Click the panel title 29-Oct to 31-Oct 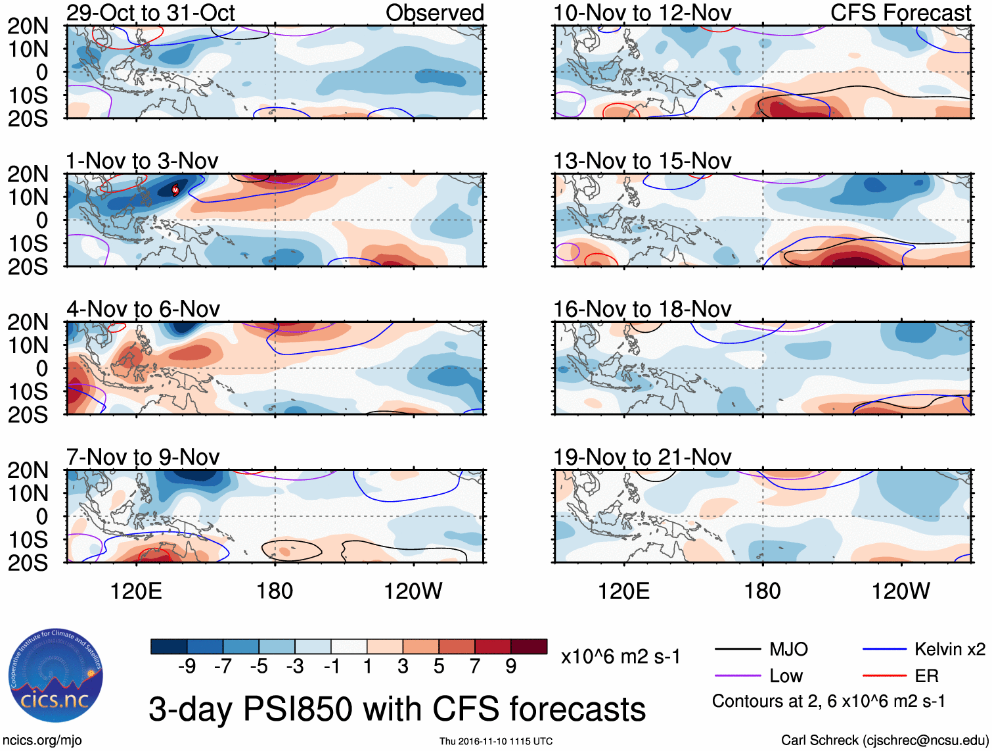click(x=150, y=12)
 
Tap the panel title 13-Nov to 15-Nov click(x=642, y=161)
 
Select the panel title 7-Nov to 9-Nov click(x=143, y=457)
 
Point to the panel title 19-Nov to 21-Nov click(x=642, y=457)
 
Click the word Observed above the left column click(x=434, y=12)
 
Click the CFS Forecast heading click(x=900, y=12)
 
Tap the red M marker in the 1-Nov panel click(x=175, y=190)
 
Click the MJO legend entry click(x=788, y=650)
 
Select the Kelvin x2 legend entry click(x=949, y=650)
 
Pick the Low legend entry click(x=786, y=676)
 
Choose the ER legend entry click(x=926, y=676)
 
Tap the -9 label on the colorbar click(x=187, y=667)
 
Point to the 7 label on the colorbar click(x=475, y=667)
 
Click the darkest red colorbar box click(x=529, y=646)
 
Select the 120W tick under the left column click(x=413, y=591)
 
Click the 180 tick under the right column click(x=762, y=591)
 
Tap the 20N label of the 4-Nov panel click(x=28, y=322)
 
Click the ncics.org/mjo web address click(x=41, y=740)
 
